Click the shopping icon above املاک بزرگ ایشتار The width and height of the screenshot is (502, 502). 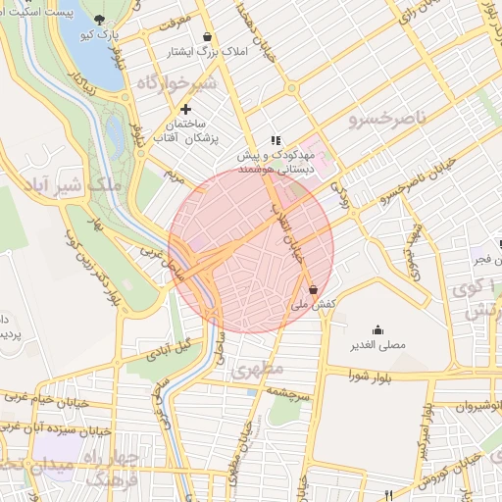[x=205, y=36]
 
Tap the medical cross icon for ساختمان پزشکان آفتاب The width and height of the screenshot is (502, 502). [x=184, y=108]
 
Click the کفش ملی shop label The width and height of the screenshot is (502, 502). [x=314, y=304]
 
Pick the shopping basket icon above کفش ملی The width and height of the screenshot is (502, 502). [x=313, y=289]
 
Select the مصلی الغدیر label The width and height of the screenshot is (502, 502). [x=378, y=345]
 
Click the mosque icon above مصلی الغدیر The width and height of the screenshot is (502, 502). [x=378, y=329]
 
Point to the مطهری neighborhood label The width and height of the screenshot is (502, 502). [x=259, y=370]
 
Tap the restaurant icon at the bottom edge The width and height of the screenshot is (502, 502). [x=389, y=495]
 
